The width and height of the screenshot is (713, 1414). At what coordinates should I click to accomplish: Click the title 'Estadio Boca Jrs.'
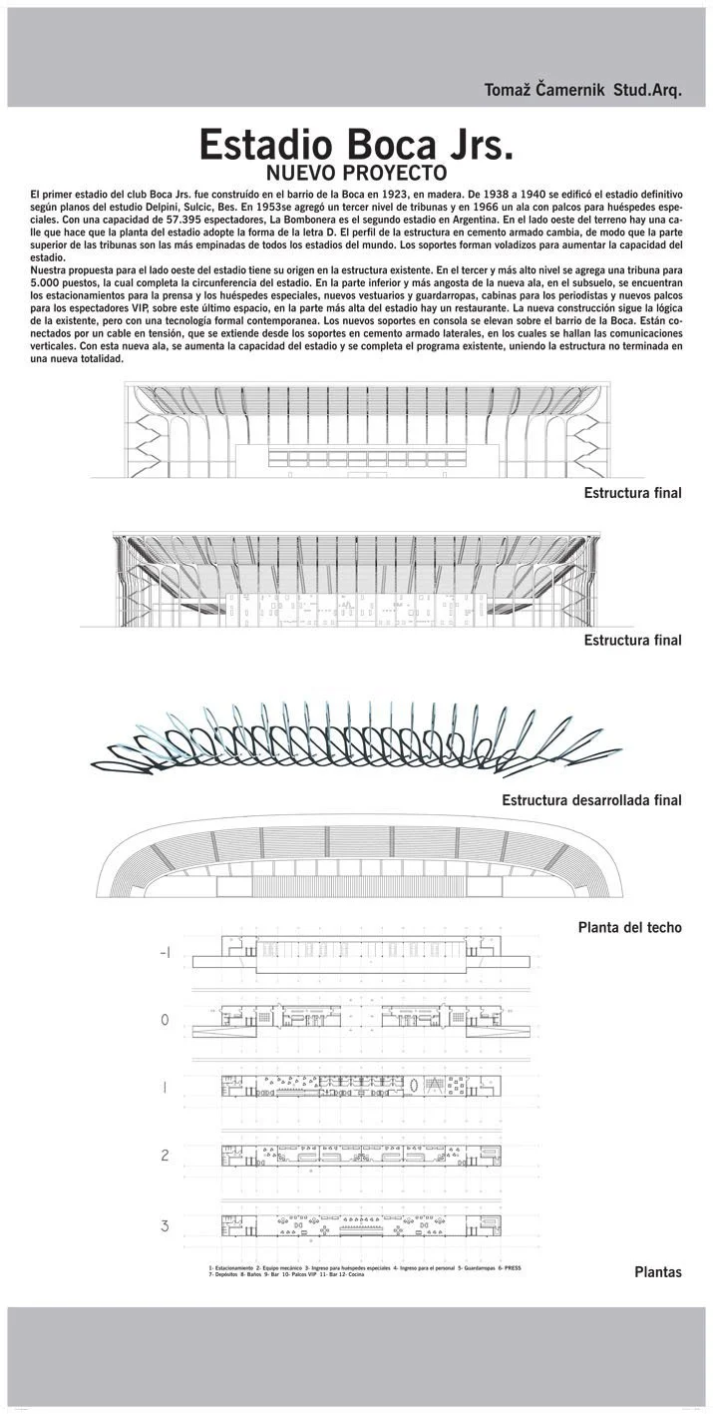tap(356, 145)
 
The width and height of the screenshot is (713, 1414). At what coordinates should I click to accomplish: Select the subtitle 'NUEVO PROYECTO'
tap(356, 171)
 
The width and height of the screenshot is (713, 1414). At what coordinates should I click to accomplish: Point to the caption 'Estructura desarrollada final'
tap(591, 800)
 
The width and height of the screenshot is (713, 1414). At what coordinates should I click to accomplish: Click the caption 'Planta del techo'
tap(629, 927)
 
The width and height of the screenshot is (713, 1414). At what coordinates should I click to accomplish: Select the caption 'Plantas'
tap(657, 1272)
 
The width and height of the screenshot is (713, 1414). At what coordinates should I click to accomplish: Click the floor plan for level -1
tap(356, 956)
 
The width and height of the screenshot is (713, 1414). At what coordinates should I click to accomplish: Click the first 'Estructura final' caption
tap(632, 493)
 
